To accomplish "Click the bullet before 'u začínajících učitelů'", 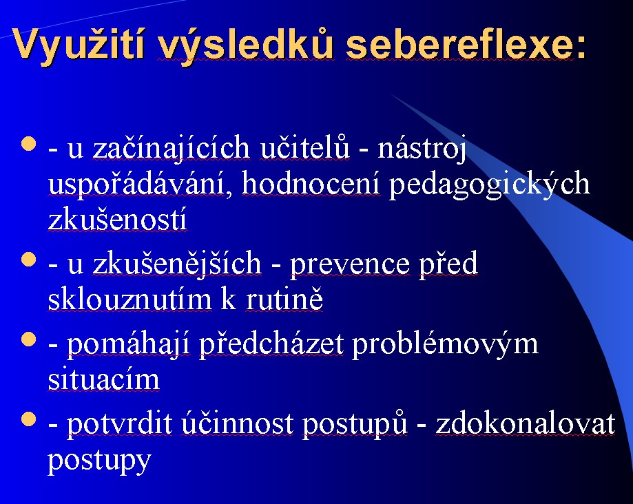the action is pos(29,144).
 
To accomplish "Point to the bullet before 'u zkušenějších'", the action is pos(29,260).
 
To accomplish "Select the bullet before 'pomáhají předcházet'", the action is pos(29,339).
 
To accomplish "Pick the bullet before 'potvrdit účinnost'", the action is pos(29,419).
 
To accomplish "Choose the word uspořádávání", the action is pos(136,185).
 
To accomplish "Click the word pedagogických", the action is pos(489,185).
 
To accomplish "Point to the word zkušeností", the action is pos(118,219).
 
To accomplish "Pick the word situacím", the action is pos(104,379).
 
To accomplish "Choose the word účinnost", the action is pos(238,423).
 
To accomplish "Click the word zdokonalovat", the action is pos(526,423).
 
